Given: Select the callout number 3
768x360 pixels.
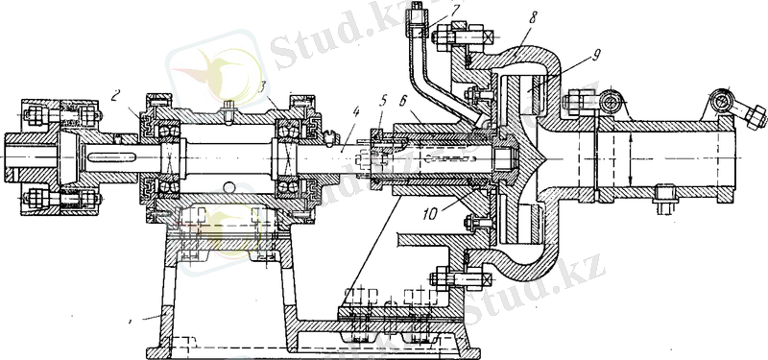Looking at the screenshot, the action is click(263, 88).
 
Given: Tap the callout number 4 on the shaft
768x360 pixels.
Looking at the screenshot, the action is click(356, 112).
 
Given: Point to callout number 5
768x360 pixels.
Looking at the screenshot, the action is click(383, 101).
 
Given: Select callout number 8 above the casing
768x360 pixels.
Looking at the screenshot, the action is click(534, 18).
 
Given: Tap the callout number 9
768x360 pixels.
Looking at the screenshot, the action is click(595, 56).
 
